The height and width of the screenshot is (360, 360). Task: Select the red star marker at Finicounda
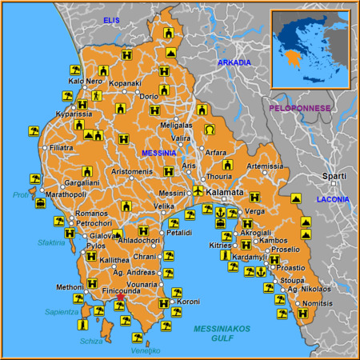pyautogui.click(x=120, y=298)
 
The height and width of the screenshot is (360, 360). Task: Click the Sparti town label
pyautogui.click(x=334, y=176)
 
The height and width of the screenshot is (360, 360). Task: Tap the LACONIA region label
pyautogui.click(x=333, y=198)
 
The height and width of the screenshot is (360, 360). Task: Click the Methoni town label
pyautogui.click(x=70, y=286)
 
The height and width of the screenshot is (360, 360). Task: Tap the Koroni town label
pyautogui.click(x=188, y=302)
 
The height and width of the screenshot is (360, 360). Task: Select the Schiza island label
pyautogui.click(x=91, y=341)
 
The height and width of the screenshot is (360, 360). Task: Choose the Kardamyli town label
pyautogui.click(x=250, y=258)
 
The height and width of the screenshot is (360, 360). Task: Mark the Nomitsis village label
pyautogui.click(x=318, y=304)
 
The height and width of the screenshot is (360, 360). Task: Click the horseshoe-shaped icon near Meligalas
pyautogui.click(x=210, y=129)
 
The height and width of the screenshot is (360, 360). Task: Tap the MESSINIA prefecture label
pyautogui.click(x=158, y=152)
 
